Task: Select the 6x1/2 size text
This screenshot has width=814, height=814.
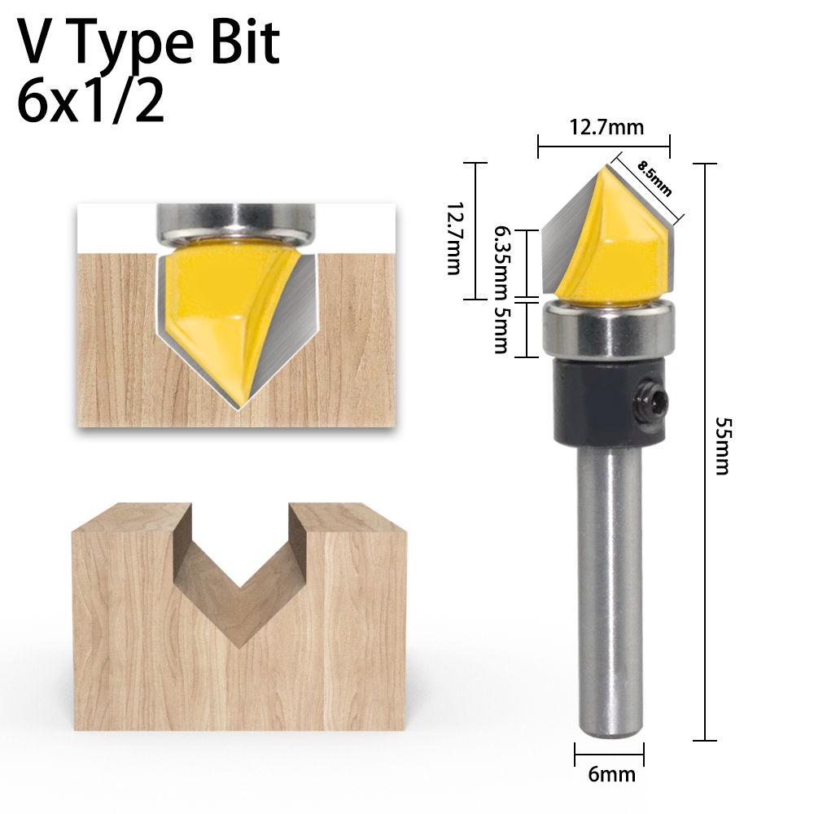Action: (90, 102)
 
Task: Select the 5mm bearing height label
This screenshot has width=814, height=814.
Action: (501, 330)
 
